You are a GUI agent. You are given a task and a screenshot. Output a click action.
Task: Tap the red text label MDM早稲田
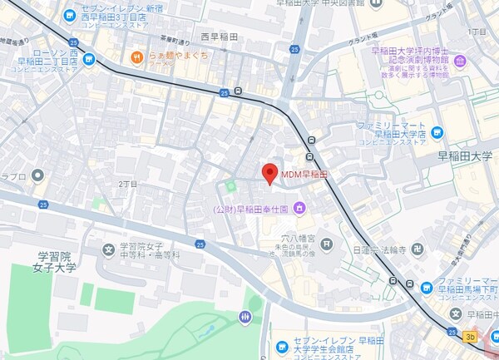pos(304,175)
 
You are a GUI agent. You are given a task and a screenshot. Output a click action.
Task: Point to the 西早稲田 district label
pos(219,37)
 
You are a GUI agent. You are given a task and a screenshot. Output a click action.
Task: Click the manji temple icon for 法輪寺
pos(422,248)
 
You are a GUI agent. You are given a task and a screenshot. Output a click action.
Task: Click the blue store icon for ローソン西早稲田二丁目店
pos(88,60)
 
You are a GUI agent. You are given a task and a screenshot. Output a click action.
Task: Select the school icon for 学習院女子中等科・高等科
pos(108,249)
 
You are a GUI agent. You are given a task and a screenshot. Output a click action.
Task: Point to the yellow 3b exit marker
pos(471,336)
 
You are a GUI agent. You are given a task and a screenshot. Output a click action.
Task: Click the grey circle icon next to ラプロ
pos(37,175)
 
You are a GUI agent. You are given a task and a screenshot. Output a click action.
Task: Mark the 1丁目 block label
pos(478,31)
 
